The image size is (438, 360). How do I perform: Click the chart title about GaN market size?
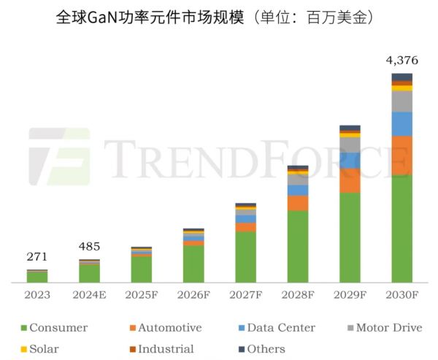pos(218,18)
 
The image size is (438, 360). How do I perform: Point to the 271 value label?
pos(37,257)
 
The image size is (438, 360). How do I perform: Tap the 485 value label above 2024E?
pos(89,247)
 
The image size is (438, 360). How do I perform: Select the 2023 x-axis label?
pos(37,296)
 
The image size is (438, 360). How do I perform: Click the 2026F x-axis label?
pos(193,296)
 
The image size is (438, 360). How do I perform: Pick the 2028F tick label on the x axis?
pos(298,296)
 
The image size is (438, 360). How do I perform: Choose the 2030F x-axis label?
pos(401,296)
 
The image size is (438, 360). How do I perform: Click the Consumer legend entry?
pos(55,328)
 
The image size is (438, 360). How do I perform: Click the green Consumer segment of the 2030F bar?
pos(401,228)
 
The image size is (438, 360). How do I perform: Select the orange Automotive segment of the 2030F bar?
pos(401,155)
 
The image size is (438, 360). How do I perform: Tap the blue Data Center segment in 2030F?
pos(401,123)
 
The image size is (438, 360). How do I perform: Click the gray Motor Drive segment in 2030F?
pos(401,101)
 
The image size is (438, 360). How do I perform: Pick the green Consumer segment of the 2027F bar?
pos(245,257)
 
